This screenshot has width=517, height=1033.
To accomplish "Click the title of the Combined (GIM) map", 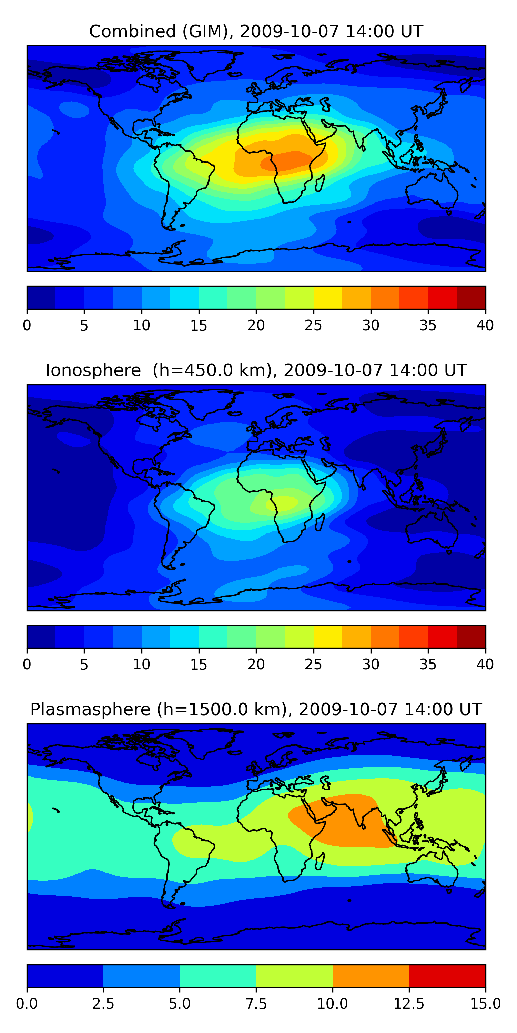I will tap(256, 31).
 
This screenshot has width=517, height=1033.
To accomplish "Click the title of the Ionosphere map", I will tap(256, 370).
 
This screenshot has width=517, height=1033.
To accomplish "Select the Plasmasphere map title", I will tap(256, 709).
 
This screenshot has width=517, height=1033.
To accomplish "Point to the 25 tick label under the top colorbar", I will tap(313, 325).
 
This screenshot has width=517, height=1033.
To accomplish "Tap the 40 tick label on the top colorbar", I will tap(485, 325).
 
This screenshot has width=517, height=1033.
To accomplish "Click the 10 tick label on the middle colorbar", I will tap(141, 665).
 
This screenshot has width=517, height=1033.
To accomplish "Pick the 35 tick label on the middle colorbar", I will tap(428, 665).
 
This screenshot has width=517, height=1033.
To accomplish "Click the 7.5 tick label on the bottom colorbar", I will tap(256, 1003).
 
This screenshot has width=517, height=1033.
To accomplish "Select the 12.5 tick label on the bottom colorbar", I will tap(409, 1003).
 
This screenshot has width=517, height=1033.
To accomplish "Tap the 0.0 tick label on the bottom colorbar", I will tap(27, 1003).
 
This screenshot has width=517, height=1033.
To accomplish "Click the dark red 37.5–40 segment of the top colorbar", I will tap(471, 298).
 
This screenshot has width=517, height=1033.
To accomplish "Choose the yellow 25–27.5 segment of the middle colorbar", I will tap(327, 636).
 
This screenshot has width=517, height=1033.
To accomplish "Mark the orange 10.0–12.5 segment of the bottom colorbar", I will tap(371, 975).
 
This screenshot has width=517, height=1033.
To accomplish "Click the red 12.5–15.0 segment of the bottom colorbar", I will tap(447, 975).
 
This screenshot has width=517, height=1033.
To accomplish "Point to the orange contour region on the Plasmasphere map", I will tap(341, 818).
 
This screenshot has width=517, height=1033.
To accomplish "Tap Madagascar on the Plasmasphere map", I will tap(320, 862).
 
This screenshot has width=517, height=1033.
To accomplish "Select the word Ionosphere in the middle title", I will tap(93, 370).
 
